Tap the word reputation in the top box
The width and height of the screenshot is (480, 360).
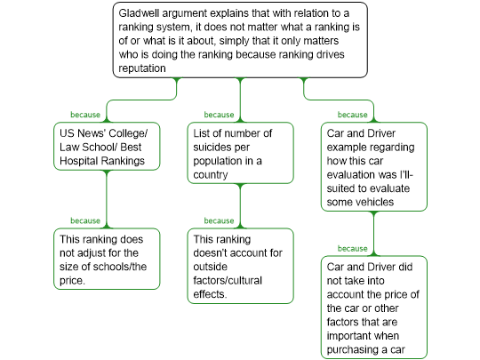coord(142,68)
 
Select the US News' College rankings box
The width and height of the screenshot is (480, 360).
coord(107,147)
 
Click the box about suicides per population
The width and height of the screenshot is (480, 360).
coord(240,153)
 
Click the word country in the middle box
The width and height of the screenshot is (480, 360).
coord(211,175)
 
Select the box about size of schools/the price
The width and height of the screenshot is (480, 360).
coord(107,259)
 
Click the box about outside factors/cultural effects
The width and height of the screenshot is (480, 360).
coord(240,266)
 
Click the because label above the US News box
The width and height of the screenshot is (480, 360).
coord(85,115)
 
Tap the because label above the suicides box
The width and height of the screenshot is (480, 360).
coord(219,115)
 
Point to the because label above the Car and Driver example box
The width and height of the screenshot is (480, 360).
coord(352,115)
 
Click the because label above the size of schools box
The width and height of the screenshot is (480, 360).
coord(85,220)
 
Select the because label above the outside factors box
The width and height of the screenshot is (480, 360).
coord(219,220)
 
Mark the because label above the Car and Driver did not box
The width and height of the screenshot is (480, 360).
coord(352,249)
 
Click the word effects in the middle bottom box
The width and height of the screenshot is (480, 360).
coord(210,294)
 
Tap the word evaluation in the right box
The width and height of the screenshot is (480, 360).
coord(347,175)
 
